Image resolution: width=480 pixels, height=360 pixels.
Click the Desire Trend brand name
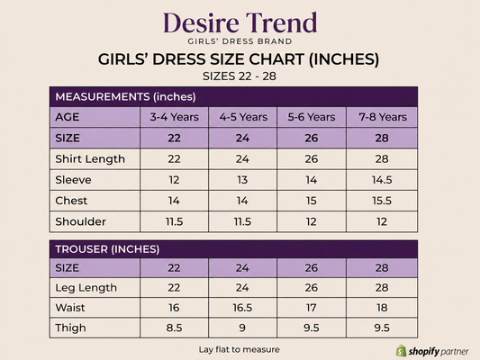240,22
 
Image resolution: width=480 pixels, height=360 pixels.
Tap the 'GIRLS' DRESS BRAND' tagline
240,41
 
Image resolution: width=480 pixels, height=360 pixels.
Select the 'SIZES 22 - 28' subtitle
240,76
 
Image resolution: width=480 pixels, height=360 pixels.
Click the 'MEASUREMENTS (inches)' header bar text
125,96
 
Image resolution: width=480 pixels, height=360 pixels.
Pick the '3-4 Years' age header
174,117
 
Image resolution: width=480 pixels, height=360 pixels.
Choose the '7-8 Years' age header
383,117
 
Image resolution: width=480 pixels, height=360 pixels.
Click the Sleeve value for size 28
382,180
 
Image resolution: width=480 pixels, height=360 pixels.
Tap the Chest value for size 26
311,201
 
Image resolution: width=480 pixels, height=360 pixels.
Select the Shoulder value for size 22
174,221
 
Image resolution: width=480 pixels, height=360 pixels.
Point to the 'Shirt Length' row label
90,159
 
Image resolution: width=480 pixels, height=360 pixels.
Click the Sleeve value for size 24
242,180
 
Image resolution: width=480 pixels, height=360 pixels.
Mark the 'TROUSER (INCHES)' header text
107,249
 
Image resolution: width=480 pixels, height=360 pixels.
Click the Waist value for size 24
242,308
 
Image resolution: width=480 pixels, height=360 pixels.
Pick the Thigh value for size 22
174,328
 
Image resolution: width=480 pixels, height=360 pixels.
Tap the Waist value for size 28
382,308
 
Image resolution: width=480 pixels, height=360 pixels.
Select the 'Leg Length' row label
86,288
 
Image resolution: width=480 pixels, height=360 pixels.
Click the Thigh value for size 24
242,328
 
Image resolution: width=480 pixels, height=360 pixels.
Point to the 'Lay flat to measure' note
239,349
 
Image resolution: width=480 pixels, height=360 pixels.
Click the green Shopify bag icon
401,351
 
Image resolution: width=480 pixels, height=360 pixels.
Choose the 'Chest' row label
71,201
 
